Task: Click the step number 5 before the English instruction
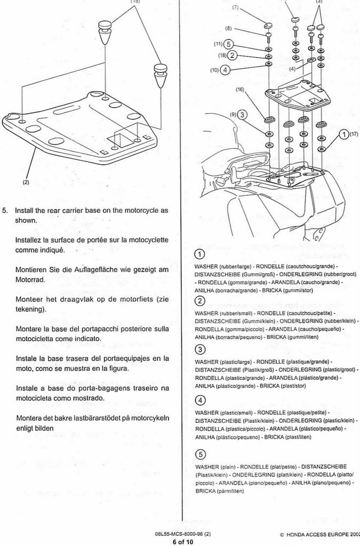pos(5,210)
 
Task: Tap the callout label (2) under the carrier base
pos(26,182)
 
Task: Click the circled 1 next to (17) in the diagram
pos(345,134)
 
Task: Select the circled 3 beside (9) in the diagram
pos(242,114)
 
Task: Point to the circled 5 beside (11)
pos(229,44)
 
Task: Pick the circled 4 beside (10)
pos(226,69)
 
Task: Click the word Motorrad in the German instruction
pos(30,279)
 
